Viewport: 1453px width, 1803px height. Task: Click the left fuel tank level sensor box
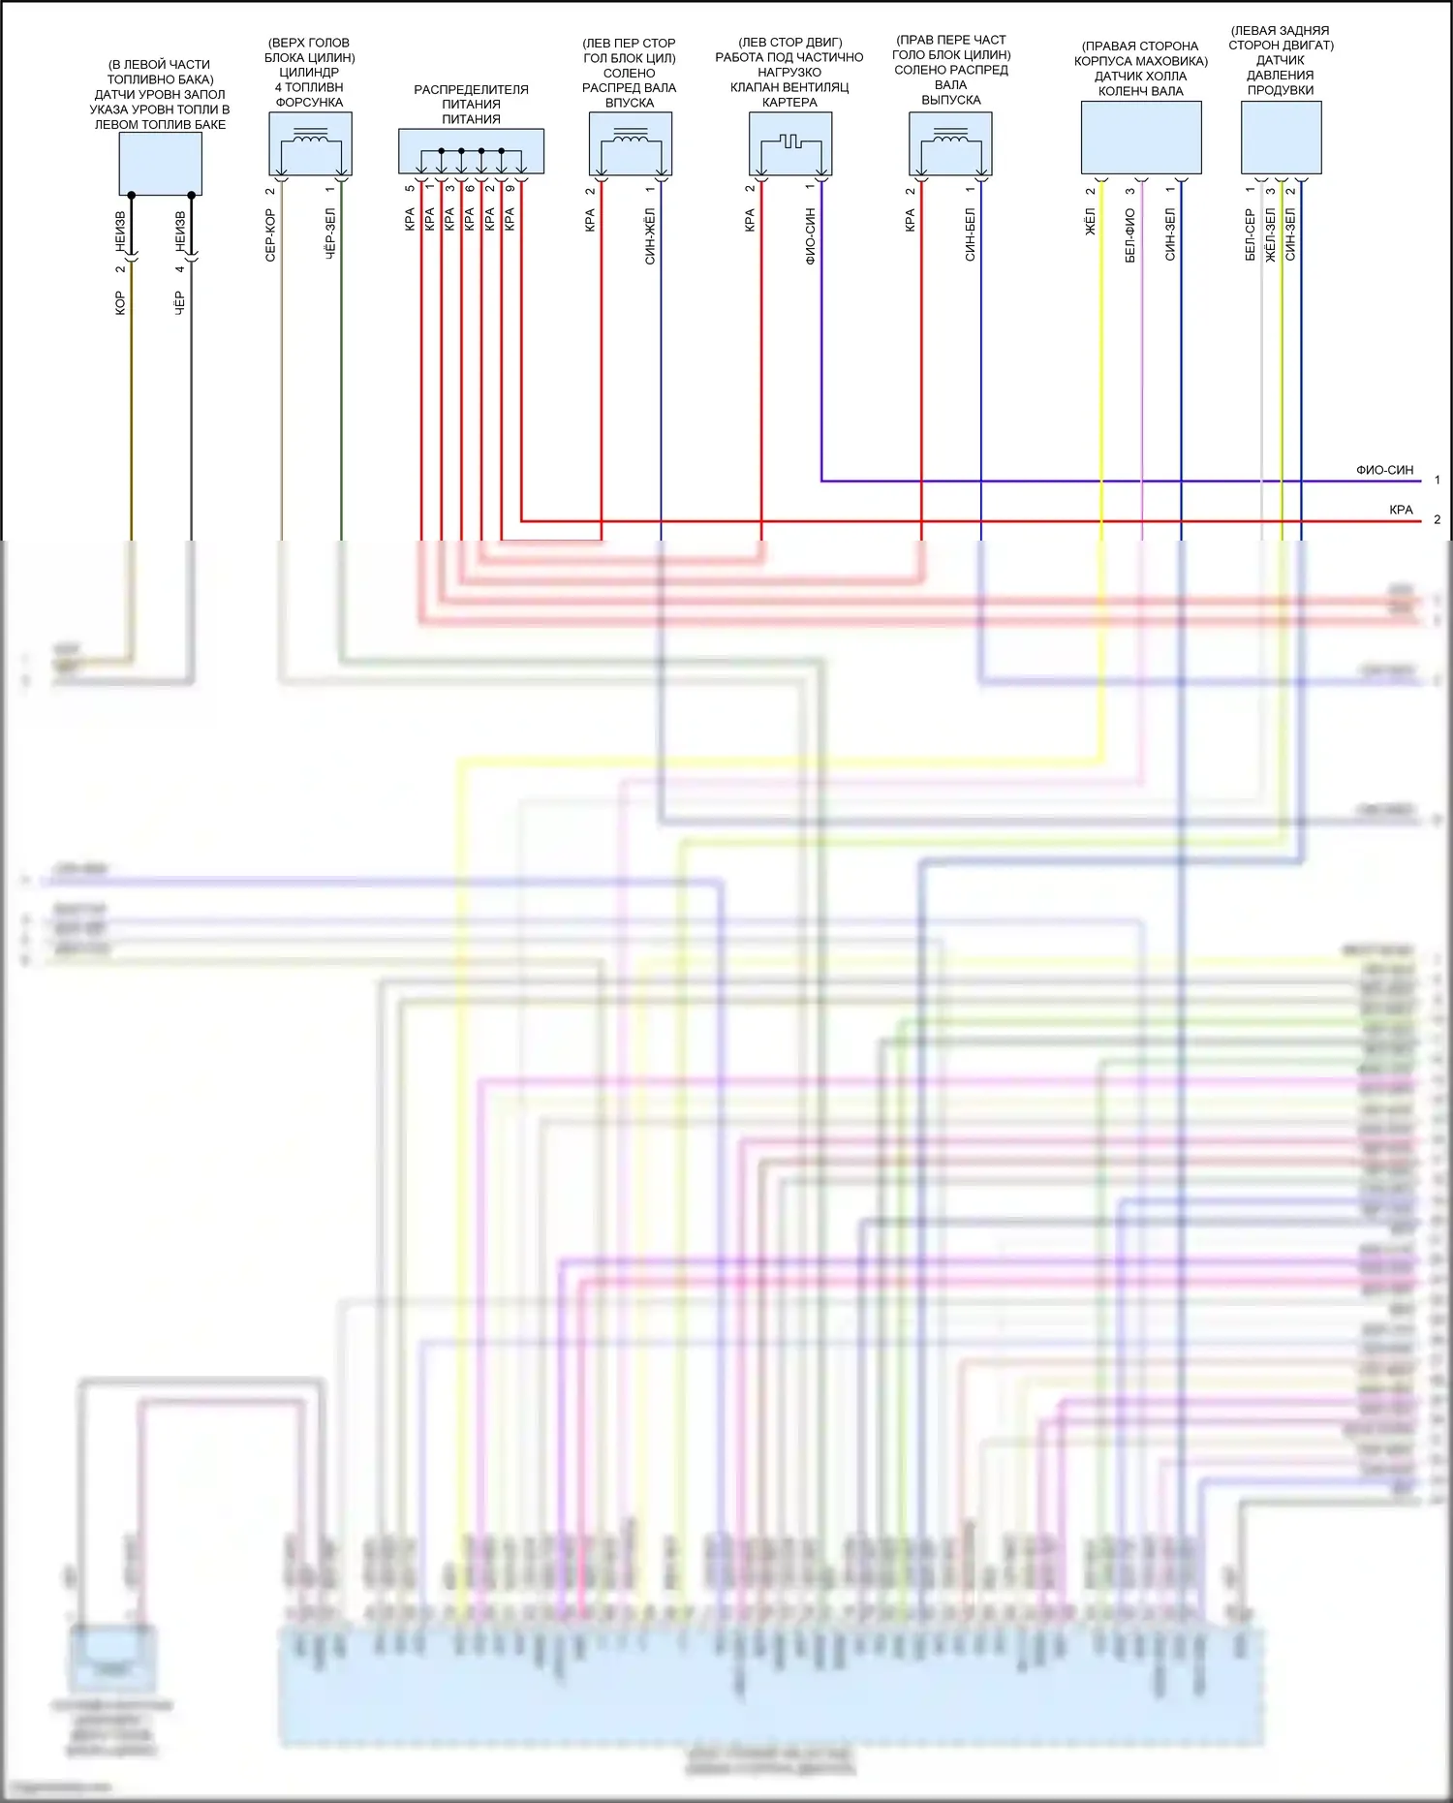(x=160, y=164)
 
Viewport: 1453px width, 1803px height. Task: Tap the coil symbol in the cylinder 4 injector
(x=310, y=138)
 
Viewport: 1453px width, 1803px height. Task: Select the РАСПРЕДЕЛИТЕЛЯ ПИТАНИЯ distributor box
(x=471, y=151)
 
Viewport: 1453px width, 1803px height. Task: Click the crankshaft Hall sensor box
(x=1141, y=138)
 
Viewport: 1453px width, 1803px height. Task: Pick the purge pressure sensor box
(x=1281, y=138)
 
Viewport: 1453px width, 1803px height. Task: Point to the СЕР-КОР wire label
(x=270, y=235)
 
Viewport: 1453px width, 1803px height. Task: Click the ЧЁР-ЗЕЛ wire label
(x=330, y=233)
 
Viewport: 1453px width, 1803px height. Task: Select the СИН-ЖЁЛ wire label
(x=650, y=235)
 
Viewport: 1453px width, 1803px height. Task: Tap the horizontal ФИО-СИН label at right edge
(x=1384, y=470)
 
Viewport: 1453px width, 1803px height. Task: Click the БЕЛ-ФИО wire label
(x=1130, y=235)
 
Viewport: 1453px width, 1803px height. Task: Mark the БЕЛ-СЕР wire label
(x=1251, y=235)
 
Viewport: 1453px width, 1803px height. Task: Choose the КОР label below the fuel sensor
(x=120, y=302)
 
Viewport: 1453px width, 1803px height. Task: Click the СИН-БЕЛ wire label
(x=970, y=234)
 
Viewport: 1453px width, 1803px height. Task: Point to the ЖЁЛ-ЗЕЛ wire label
(x=1271, y=235)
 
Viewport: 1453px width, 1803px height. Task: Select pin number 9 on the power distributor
(x=510, y=188)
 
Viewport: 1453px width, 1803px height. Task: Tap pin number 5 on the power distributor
(x=410, y=188)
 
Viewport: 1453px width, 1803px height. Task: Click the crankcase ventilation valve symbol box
(x=790, y=143)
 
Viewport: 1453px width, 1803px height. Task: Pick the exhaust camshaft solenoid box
(x=950, y=143)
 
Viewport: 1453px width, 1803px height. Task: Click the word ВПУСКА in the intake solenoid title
(x=630, y=103)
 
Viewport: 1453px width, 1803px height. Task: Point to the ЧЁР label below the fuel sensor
(x=179, y=302)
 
